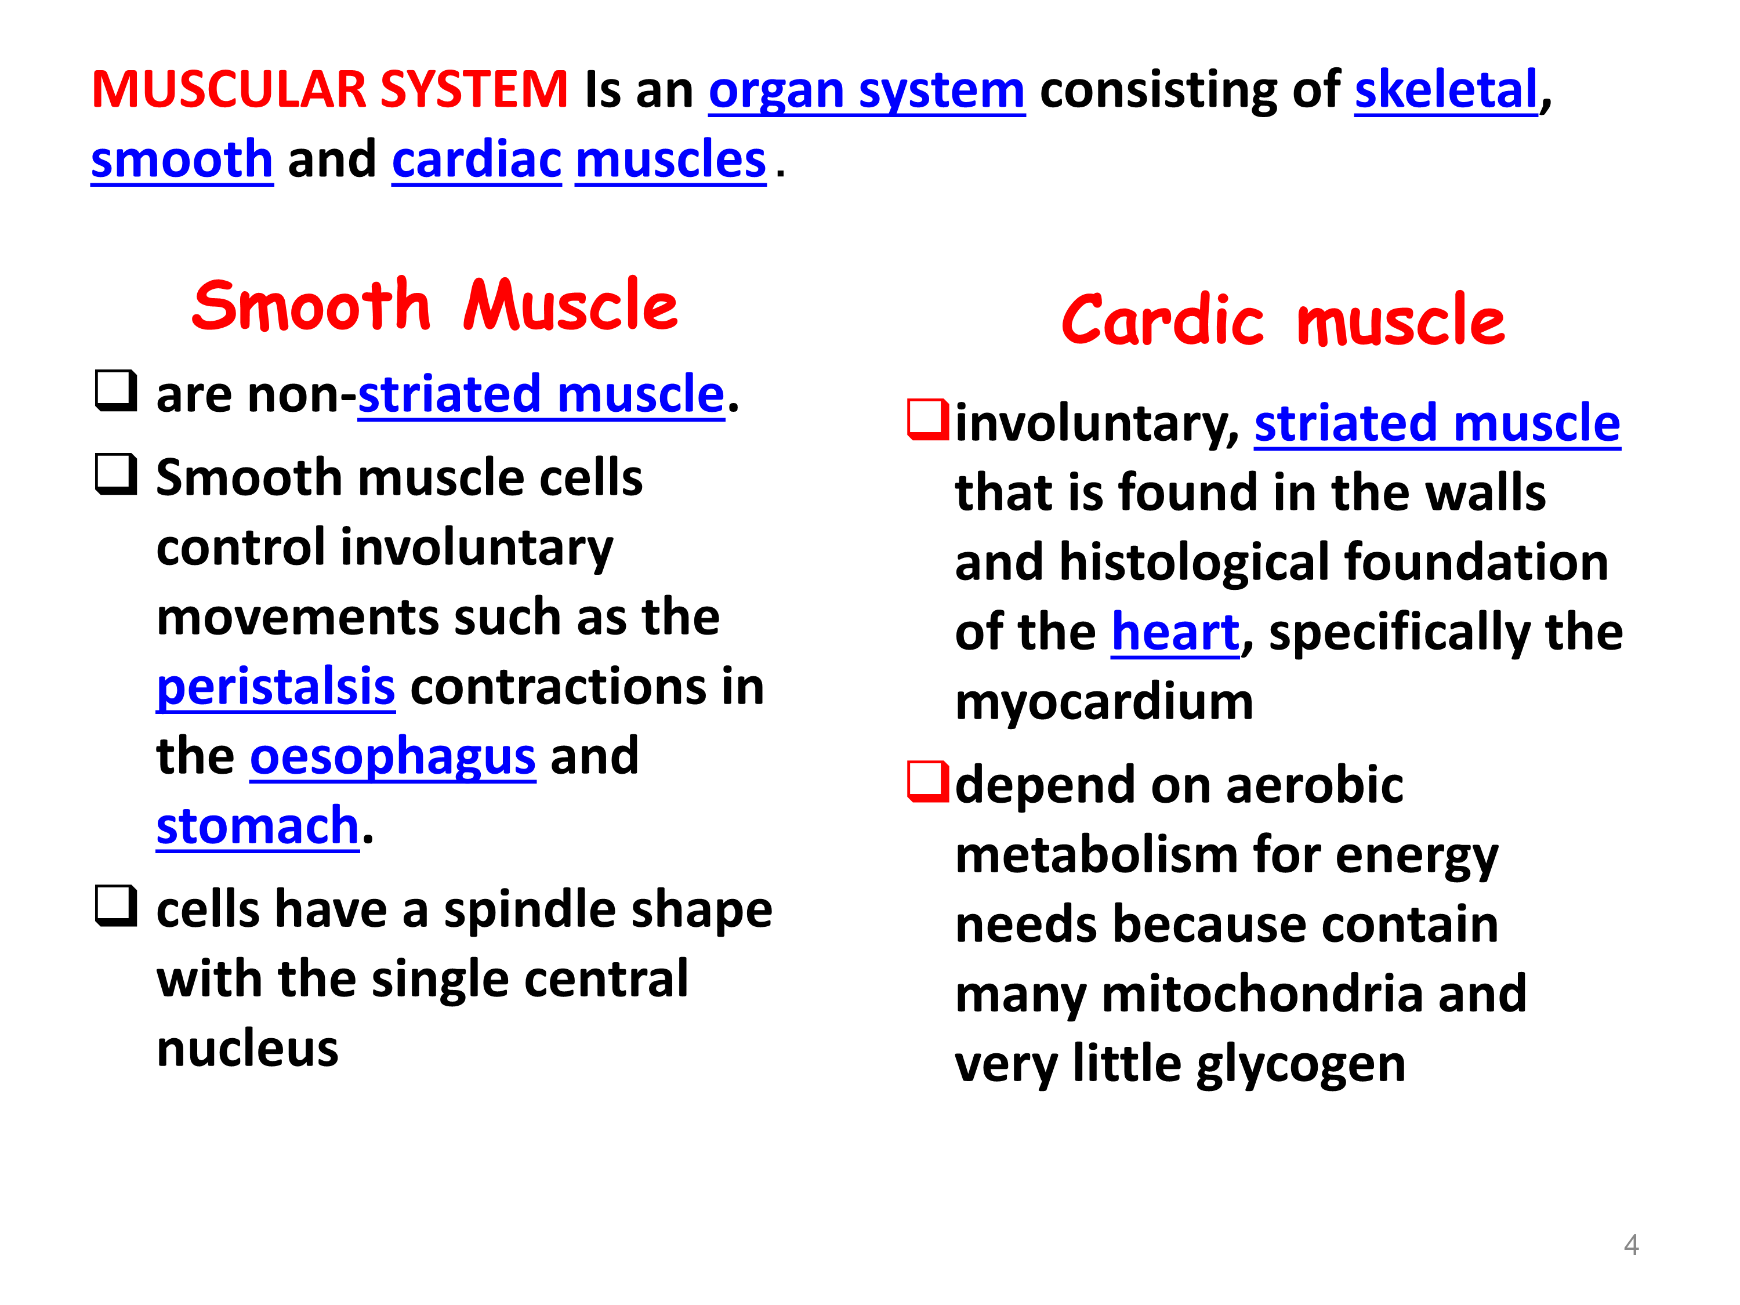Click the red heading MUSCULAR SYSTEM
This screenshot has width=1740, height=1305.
pos(329,89)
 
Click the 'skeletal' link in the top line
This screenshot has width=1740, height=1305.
pos(1446,89)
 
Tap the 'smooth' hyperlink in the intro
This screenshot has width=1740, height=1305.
pos(182,159)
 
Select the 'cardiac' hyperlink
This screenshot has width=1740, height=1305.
pos(477,159)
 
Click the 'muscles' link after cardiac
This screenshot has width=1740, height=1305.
pos(671,159)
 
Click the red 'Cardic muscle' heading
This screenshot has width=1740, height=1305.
pos(1283,320)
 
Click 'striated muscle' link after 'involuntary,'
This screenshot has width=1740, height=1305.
pos(1437,424)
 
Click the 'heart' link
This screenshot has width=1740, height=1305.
pos(1175,632)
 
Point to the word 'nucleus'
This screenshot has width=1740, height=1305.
pos(247,1049)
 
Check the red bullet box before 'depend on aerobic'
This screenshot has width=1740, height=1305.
pos(928,782)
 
